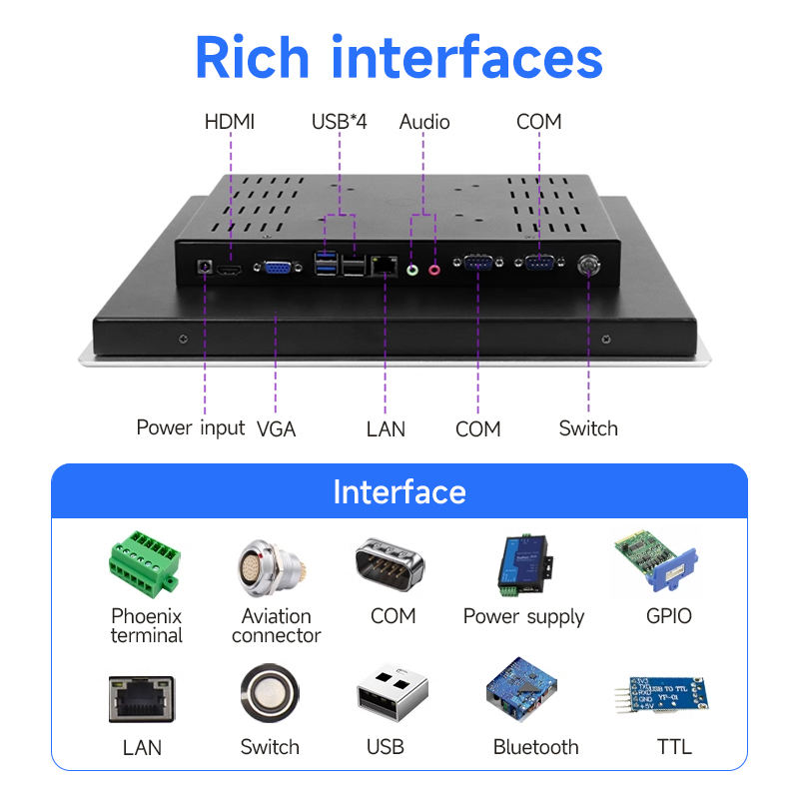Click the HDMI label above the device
pyautogui.click(x=230, y=122)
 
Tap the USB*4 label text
pyautogui.click(x=340, y=122)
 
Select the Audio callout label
pyautogui.click(x=424, y=122)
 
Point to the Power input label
pyautogui.click(x=190, y=428)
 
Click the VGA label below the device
pyautogui.click(x=277, y=429)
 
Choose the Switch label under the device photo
pyautogui.click(x=588, y=428)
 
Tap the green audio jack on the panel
pyautogui.click(x=412, y=268)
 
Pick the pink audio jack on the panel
pyautogui.click(x=434, y=268)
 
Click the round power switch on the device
pyautogui.click(x=588, y=265)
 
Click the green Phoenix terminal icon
pyautogui.click(x=146, y=563)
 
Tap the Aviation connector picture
pyautogui.click(x=270, y=565)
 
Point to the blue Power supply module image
pyautogui.click(x=522, y=565)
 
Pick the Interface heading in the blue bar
pyautogui.click(x=399, y=491)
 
